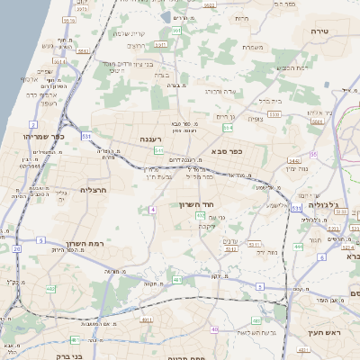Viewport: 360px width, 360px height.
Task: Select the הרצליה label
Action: (x=94, y=190)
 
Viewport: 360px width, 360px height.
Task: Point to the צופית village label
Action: (x=255, y=118)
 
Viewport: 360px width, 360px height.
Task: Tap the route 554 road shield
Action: (x=228, y=128)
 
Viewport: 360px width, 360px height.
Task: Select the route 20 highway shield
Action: (x=15, y=248)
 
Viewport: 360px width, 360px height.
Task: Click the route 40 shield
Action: (x=214, y=330)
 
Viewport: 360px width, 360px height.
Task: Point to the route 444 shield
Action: (x=298, y=246)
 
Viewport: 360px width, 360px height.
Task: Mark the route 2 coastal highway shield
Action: (x=33, y=124)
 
